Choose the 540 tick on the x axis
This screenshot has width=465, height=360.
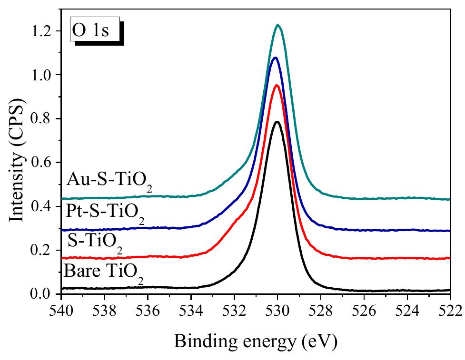62,312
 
